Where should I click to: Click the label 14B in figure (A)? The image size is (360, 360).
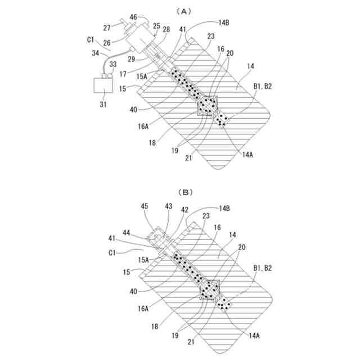pos(223,22)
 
